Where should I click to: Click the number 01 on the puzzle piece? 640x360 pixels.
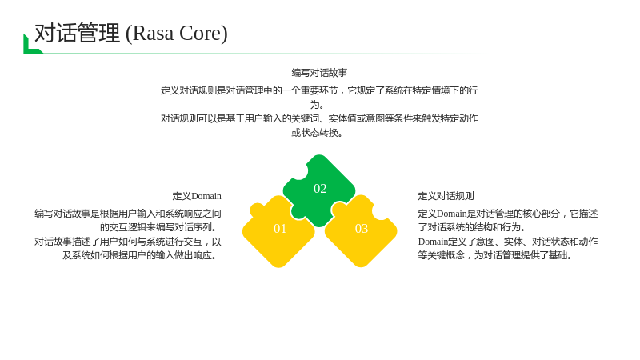(280, 229)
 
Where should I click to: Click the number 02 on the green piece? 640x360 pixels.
(320, 189)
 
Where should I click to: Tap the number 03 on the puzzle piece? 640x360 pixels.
(362, 229)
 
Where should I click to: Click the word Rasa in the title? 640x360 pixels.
(153, 33)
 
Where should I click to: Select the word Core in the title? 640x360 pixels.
(200, 33)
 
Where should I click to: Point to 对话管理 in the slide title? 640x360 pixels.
(77, 33)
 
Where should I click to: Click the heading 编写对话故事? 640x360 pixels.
(319, 73)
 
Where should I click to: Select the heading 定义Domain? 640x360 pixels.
(197, 196)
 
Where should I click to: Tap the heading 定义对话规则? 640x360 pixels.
(446, 196)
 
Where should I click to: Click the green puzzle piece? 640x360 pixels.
(319, 190)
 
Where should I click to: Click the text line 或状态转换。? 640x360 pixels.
(317, 133)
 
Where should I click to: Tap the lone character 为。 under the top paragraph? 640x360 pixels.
(317, 105)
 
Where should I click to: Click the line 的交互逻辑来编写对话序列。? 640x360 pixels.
(158, 227)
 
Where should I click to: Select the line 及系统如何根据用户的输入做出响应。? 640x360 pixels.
(140, 255)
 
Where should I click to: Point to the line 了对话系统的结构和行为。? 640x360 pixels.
(472, 227)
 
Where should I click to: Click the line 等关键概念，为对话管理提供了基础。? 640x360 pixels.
(495, 255)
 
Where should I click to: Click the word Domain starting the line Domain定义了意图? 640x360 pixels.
(433, 242)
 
